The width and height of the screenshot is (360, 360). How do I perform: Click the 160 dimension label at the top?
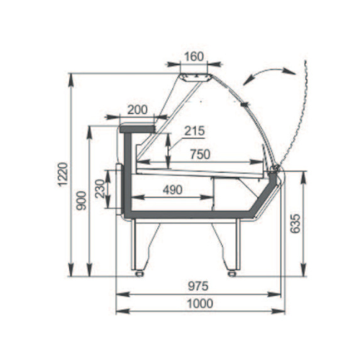point(194,57)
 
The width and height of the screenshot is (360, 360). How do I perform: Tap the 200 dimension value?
point(138,110)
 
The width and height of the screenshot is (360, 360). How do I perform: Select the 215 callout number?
point(194,131)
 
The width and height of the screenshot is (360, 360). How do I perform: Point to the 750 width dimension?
point(200,154)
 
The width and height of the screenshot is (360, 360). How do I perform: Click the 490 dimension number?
point(173,190)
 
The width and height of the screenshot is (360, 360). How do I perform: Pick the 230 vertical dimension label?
point(100,189)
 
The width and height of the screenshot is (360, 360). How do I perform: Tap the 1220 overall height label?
point(63,174)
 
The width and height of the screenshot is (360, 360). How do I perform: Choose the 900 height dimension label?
point(81,201)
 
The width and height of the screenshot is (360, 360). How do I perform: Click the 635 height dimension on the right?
point(295,224)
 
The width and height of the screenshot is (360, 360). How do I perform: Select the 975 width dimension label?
point(198,286)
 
